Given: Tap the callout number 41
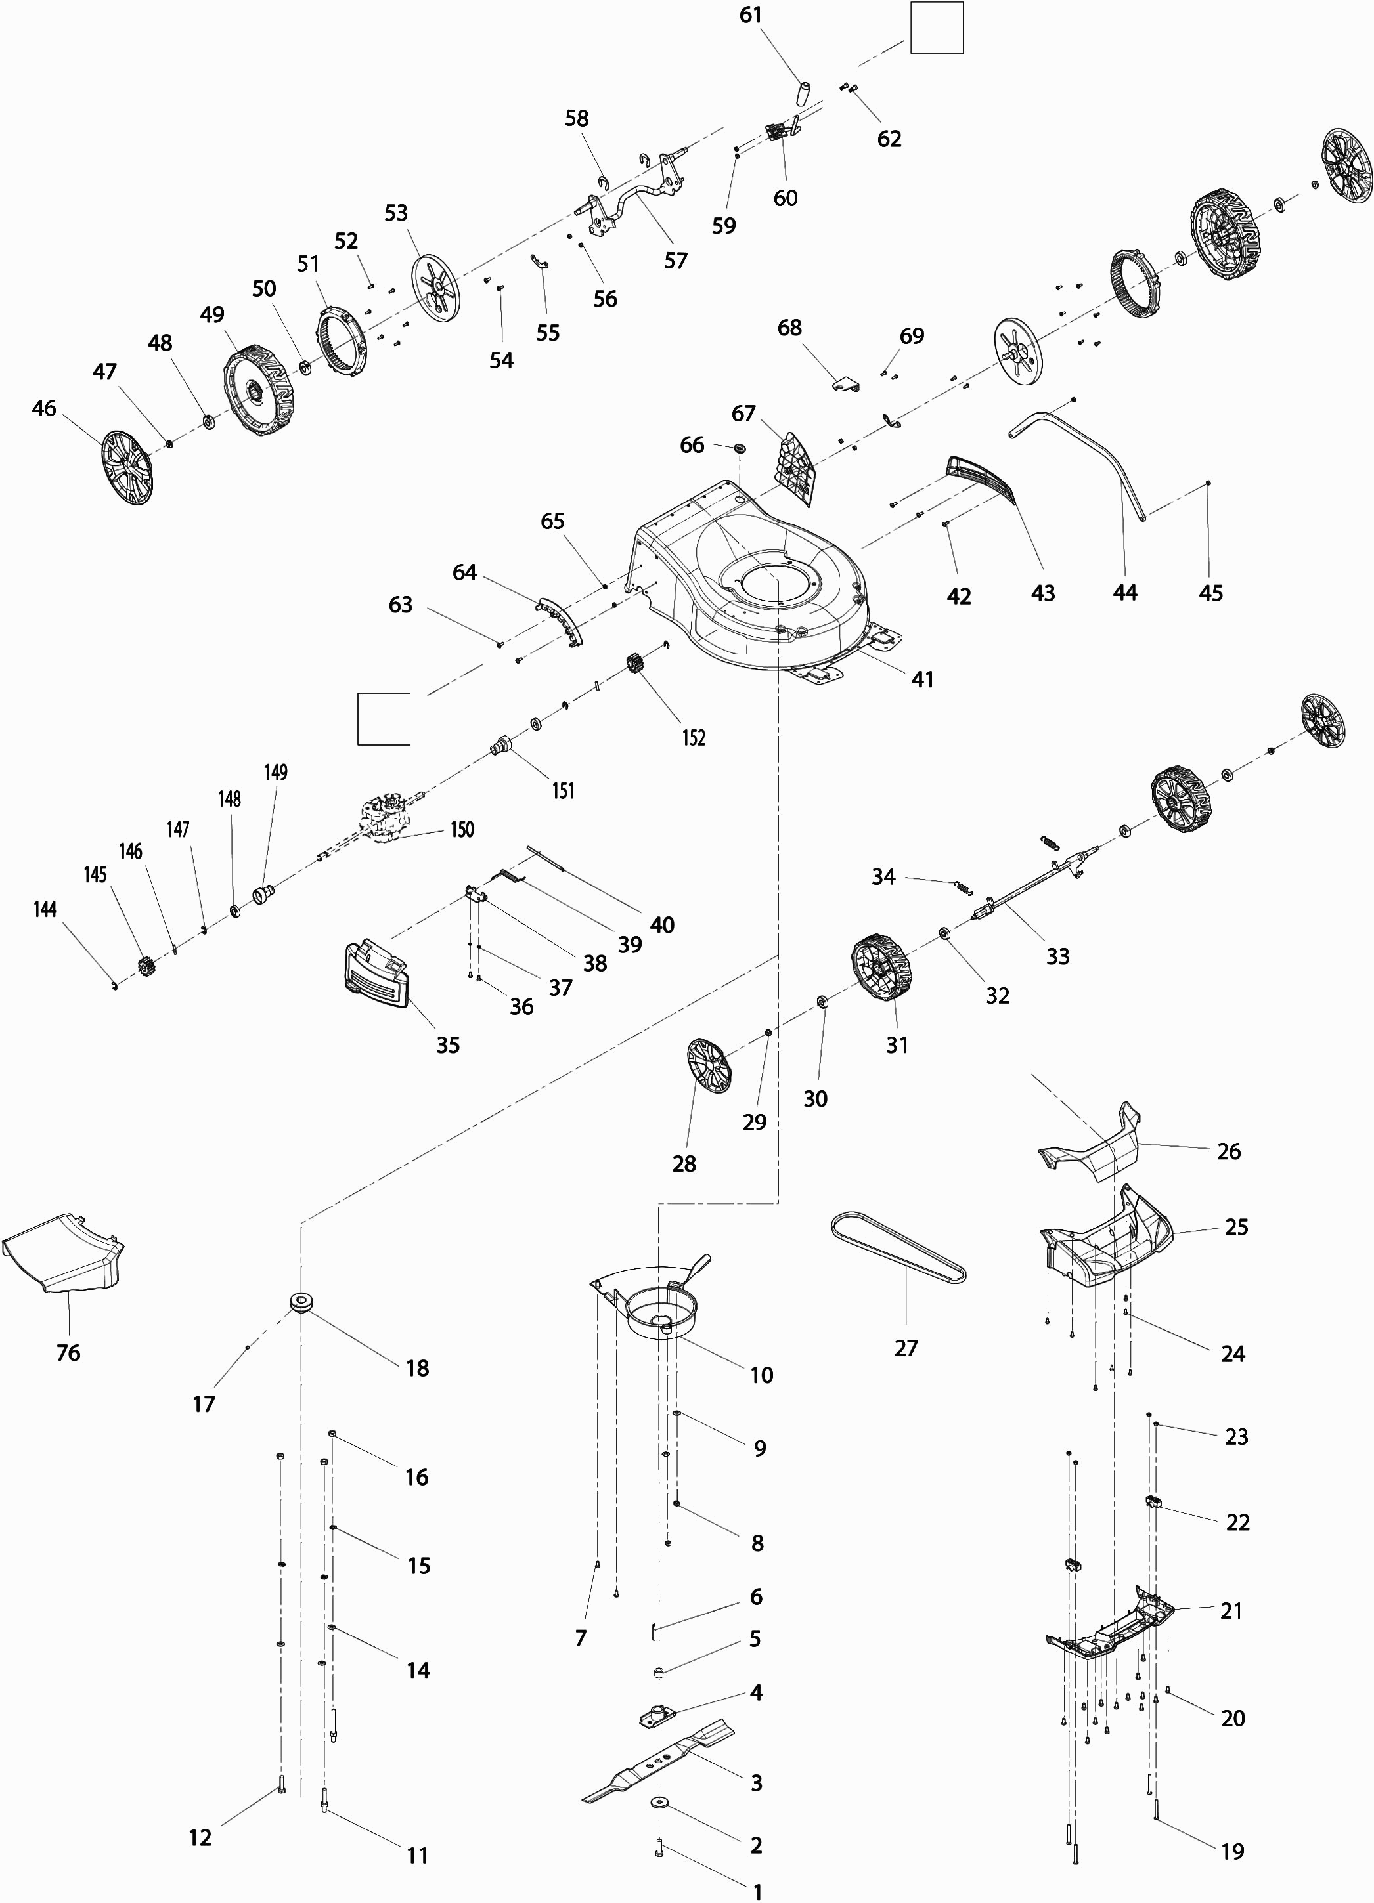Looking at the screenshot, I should pyautogui.click(x=922, y=679).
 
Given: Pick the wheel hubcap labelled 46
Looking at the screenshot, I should pyautogui.click(x=127, y=467).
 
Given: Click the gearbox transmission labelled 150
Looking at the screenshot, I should pyautogui.click(x=386, y=818).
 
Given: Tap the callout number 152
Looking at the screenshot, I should pyautogui.click(x=694, y=738).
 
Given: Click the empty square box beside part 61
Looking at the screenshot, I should pyautogui.click(x=937, y=28).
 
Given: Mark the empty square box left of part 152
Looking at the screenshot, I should pyautogui.click(x=384, y=719).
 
